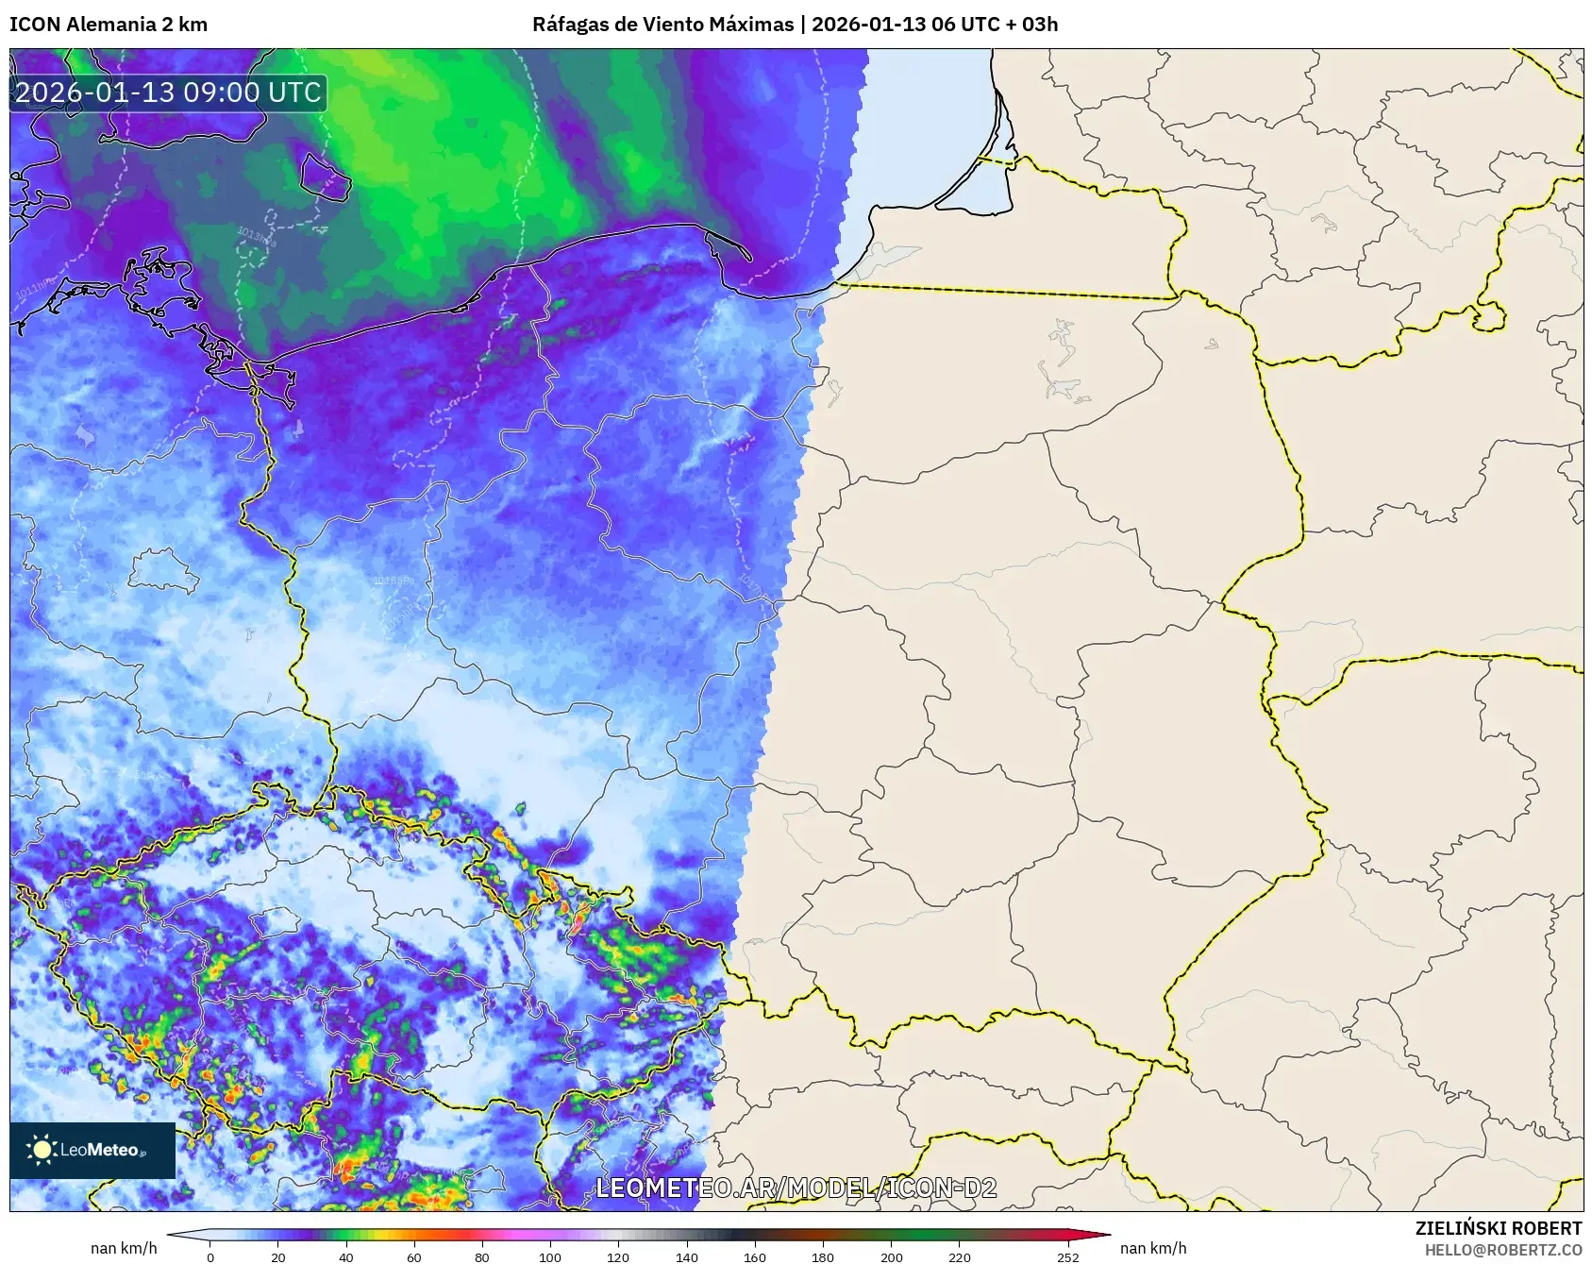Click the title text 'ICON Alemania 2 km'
coord(109,25)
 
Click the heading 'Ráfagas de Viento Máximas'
coord(662,25)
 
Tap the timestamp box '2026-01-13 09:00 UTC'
coord(169,93)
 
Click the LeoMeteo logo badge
coord(92,1150)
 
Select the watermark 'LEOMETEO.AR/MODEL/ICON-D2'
coord(796,1188)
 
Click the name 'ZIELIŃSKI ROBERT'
coord(1498,1228)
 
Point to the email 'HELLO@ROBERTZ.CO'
coord(1503,1250)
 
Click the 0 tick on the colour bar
coord(210,1256)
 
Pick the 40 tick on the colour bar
coord(346,1256)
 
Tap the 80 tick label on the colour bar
coord(482,1256)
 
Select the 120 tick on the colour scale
coord(618,1256)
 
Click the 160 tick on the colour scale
coord(754,1256)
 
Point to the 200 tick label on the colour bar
coord(891,1256)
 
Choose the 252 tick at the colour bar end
coord(1067,1256)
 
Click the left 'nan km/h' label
coord(124,1248)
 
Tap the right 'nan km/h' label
coord(1153,1248)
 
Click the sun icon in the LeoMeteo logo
coord(42,1150)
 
